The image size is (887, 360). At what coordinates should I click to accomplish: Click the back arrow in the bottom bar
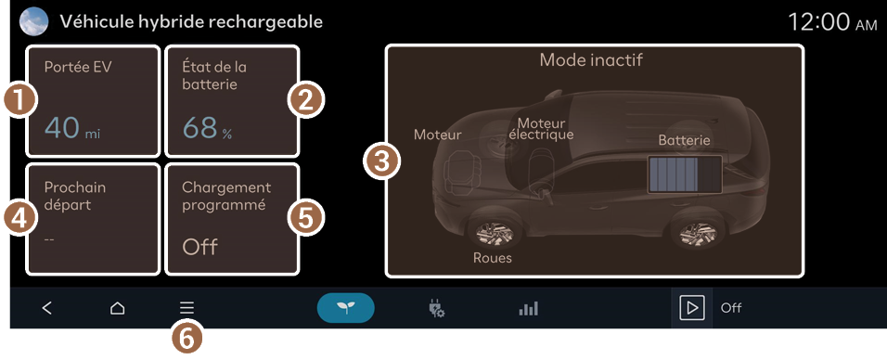[47, 308]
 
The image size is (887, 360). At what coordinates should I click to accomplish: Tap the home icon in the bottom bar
[117, 308]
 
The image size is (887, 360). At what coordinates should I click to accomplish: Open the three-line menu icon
[186, 308]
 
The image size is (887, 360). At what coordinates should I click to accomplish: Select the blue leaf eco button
[346, 308]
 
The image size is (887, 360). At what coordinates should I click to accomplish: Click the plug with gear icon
[436, 308]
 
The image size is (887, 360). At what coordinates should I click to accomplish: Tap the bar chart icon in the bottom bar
[528, 308]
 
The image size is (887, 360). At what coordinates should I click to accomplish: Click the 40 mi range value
[71, 128]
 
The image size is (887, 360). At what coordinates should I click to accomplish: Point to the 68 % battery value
[207, 128]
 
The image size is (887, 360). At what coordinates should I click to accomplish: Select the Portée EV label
[78, 68]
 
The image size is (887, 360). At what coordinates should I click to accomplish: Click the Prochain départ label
[74, 196]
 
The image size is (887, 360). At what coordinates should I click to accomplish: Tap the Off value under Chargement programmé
[199, 248]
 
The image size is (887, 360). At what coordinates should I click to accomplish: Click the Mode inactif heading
[591, 59]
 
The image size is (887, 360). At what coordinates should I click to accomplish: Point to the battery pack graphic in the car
[685, 175]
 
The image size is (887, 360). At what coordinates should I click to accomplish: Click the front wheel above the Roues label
[492, 233]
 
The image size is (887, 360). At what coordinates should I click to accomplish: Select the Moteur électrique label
[541, 129]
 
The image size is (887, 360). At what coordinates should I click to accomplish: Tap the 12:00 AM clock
[832, 23]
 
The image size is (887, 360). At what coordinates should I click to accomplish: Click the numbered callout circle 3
[382, 162]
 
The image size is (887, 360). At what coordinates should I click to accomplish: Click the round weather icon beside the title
[33, 22]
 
